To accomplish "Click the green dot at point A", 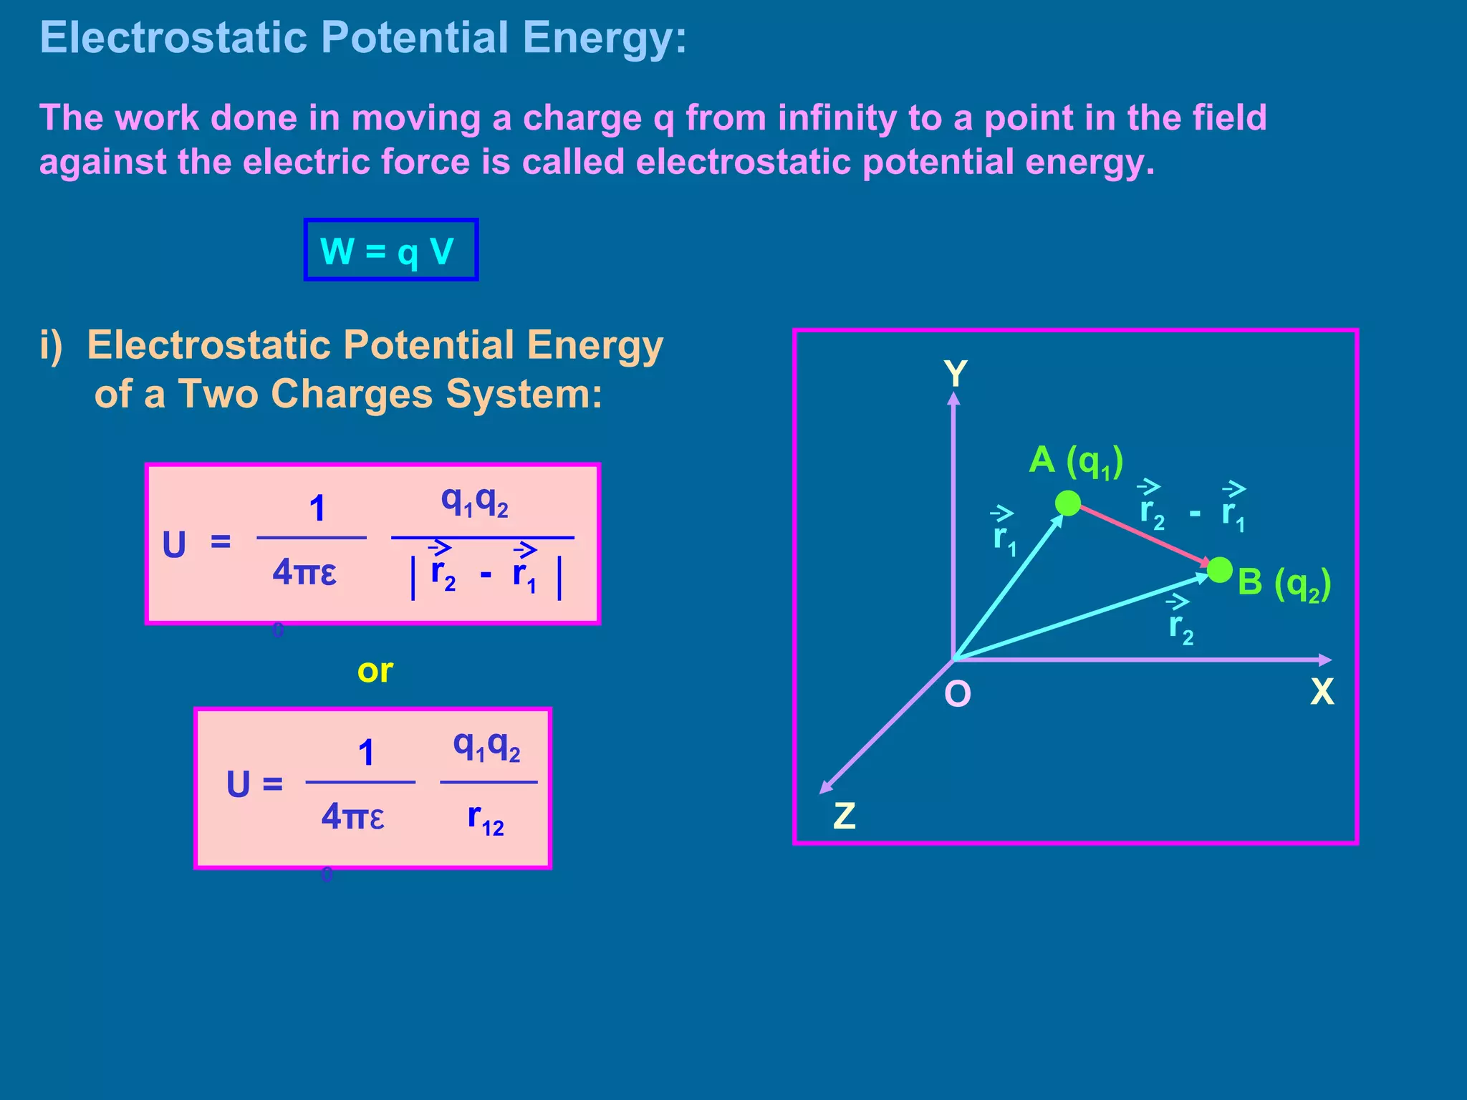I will click(1068, 503).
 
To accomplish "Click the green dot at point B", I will click(1219, 570).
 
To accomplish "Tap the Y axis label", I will click(956, 374).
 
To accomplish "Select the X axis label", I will click(1322, 692).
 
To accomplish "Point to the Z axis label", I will click(845, 815).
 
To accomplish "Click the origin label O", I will click(958, 693).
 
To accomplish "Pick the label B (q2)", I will click(1284, 583).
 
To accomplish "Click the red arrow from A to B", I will click(1143, 536).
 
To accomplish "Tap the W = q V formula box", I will click(390, 250).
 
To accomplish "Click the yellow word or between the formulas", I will click(375, 670).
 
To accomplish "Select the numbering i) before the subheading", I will click(52, 345).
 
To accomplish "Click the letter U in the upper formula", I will click(174, 545).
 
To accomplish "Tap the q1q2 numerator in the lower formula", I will click(486, 746).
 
